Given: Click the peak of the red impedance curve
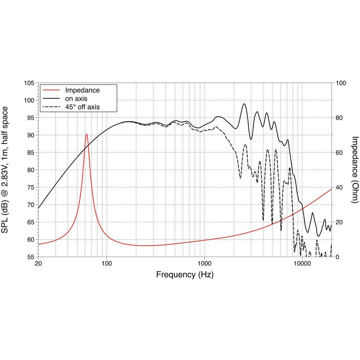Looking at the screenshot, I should click(87, 134).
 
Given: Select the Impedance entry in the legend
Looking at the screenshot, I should click(82, 90).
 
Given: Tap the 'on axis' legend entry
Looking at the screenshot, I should click(76, 98).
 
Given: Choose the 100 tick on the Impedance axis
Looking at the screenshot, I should click(341, 83).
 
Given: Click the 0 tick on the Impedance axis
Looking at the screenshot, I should click(338, 257).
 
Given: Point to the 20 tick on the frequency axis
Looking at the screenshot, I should click(39, 263).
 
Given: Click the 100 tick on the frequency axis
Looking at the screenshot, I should click(107, 263).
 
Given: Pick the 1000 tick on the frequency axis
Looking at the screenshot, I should click(204, 263).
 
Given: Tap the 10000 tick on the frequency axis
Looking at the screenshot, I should click(302, 263).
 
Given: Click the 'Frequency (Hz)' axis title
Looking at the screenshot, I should click(185, 275).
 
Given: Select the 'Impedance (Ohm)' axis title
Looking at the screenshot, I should click(355, 169).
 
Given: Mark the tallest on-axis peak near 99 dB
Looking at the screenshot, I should click(244, 104).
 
